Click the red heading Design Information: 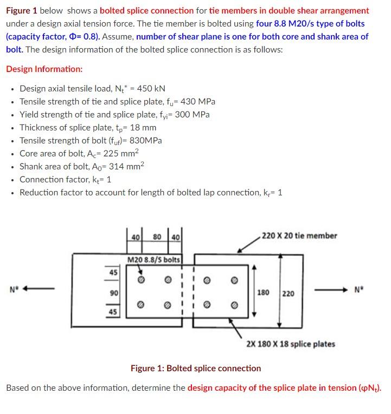pos(44,69)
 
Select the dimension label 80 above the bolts pos(158,236)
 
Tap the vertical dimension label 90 pos(113,293)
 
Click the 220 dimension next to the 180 pos(289,293)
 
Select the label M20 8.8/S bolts pos(153,260)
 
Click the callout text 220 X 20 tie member pos(299,235)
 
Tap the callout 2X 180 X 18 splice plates pos(291,344)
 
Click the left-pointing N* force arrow pos(40,288)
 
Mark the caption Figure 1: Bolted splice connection pos(196,368)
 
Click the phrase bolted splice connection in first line pos(146,10)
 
